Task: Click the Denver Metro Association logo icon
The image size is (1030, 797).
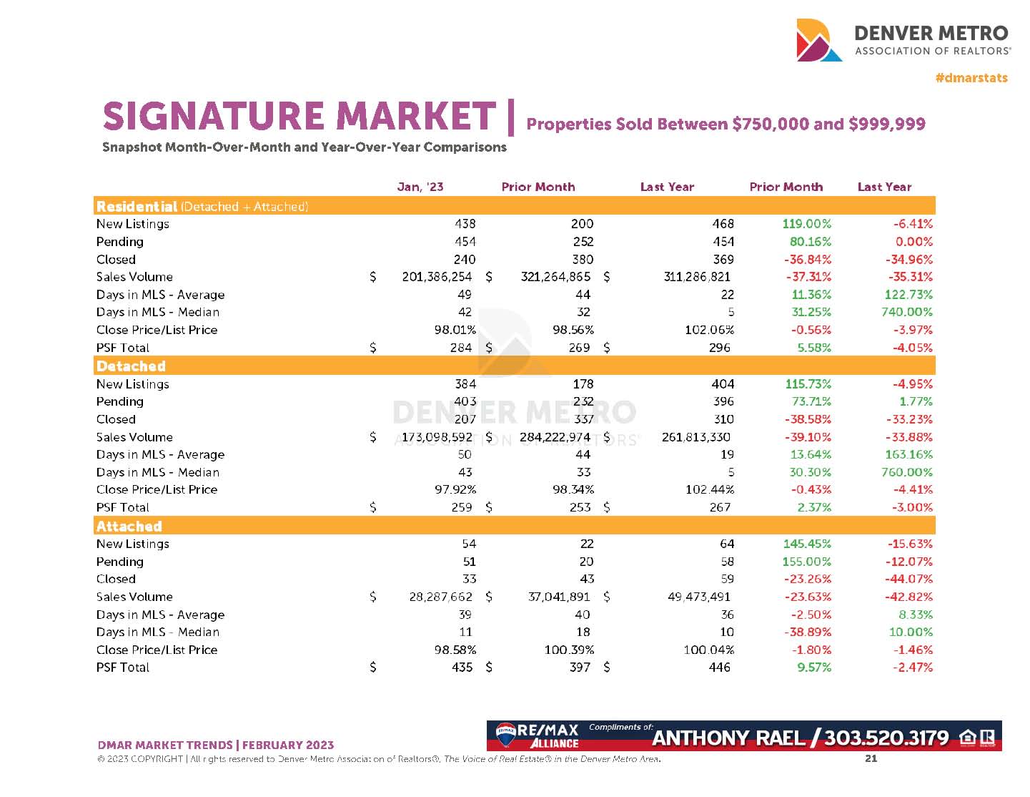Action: click(x=819, y=40)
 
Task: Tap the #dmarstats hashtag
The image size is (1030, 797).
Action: click(x=971, y=77)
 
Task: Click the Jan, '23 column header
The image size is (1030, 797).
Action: click(x=420, y=187)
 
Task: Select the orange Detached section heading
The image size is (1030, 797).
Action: click(x=131, y=366)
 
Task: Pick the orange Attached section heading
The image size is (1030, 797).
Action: click(x=129, y=527)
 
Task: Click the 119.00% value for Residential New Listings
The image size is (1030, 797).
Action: click(x=807, y=224)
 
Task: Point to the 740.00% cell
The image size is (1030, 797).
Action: click(x=906, y=312)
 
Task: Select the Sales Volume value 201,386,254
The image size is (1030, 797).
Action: click(x=436, y=277)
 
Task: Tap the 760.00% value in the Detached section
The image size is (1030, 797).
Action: click(x=906, y=472)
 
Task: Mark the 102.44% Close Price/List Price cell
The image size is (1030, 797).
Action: click(x=709, y=489)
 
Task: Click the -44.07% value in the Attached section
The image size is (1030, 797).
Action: click(x=910, y=579)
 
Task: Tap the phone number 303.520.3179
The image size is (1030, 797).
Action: click(x=886, y=738)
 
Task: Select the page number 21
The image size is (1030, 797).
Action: click(x=871, y=758)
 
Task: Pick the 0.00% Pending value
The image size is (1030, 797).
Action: click(x=913, y=242)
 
